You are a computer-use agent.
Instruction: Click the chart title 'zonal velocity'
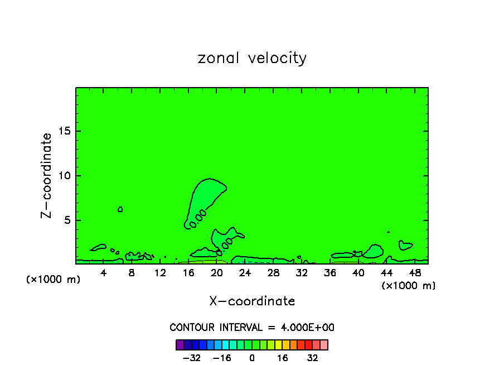click(252, 58)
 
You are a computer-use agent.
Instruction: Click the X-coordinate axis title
click(252, 301)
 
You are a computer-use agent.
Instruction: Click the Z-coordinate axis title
click(47, 175)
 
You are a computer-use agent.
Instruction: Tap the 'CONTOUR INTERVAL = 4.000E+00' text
click(252, 328)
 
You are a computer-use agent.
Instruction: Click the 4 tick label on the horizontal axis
click(104, 273)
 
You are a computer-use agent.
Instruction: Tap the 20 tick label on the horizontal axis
click(217, 273)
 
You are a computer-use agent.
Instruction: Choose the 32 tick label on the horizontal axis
click(302, 273)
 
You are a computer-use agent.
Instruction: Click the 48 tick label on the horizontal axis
click(414, 273)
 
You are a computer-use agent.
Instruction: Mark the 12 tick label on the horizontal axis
click(160, 273)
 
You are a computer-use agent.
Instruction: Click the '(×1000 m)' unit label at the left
click(54, 280)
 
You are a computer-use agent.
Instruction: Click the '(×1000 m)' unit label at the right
click(409, 286)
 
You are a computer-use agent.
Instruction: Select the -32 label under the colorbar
click(192, 358)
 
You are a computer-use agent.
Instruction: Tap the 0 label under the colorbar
click(252, 358)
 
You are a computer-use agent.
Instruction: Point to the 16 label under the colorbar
click(283, 358)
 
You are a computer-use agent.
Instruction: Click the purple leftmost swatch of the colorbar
click(180, 344)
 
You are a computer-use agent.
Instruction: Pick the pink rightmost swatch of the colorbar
click(324, 344)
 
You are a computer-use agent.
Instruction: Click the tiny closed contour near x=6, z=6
click(120, 209)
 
